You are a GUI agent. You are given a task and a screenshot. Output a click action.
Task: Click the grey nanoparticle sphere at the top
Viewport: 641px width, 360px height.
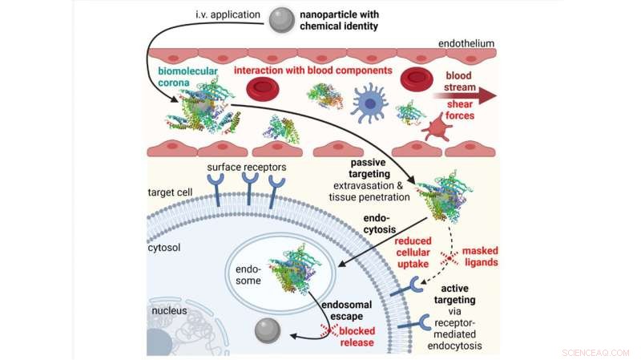[x=281, y=20]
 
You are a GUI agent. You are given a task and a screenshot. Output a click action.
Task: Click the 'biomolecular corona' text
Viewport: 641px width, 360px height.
[x=186, y=75]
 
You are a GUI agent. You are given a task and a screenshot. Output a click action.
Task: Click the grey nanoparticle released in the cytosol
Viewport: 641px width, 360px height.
[x=267, y=330]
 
